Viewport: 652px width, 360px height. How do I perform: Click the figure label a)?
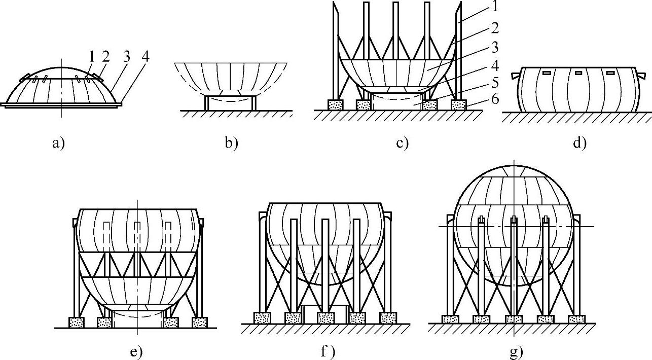point(58,143)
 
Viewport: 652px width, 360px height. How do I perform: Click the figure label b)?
point(231,143)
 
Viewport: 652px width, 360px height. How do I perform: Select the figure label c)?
point(402,143)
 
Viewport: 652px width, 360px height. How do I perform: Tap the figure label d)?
point(579,143)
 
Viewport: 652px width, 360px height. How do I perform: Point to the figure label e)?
point(136,351)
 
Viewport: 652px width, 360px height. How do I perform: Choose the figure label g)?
point(516,351)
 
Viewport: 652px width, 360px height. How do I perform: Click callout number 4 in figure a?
point(146,55)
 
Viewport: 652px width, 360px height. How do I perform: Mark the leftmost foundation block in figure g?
point(450,319)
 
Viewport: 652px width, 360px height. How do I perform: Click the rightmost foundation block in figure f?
point(388,318)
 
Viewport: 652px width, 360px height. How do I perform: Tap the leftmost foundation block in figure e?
point(76,322)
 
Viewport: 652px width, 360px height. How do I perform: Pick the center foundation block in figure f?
point(325,318)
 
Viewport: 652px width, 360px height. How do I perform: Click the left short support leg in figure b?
point(206,102)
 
